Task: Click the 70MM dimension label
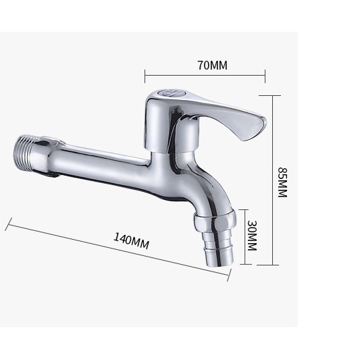(x=213, y=66)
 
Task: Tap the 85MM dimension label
(x=282, y=182)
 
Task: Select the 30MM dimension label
(x=252, y=236)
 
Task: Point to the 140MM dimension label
(x=131, y=241)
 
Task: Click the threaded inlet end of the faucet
(x=24, y=154)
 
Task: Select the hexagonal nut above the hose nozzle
(x=215, y=222)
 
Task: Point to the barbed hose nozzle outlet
(x=218, y=249)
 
